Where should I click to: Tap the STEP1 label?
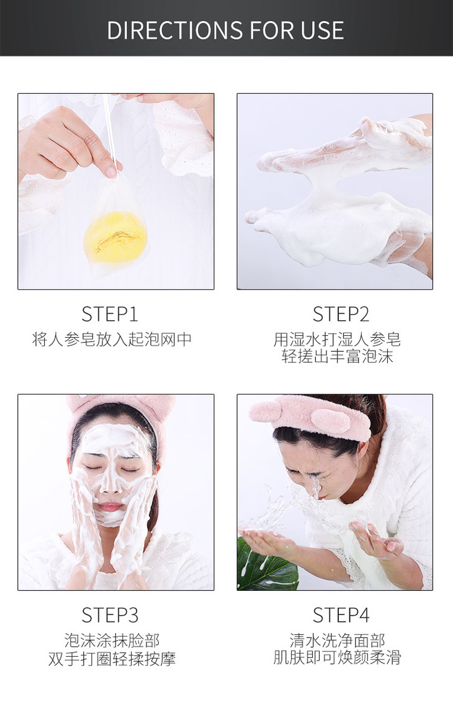tap(110, 314)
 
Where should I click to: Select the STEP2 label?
tap(341, 314)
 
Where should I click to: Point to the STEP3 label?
tap(110, 614)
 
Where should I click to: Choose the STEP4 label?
tap(341, 614)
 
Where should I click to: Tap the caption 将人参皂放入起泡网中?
tap(112, 340)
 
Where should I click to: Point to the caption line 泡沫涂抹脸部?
tap(112, 640)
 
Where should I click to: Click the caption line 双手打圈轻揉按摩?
tap(112, 658)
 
